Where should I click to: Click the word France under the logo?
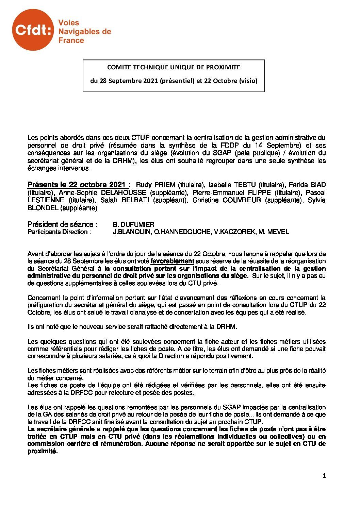pyautogui.click(x=71, y=40)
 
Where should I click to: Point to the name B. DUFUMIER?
pyautogui.click(x=133, y=224)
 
